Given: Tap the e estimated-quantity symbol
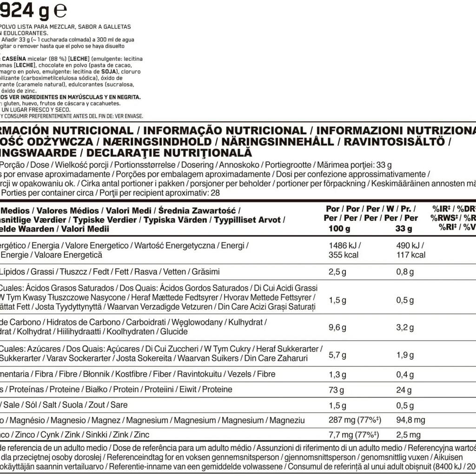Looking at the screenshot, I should pos(61,10).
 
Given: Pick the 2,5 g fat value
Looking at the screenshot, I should pos(337,271).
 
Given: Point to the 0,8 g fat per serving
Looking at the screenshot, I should pos(405,271).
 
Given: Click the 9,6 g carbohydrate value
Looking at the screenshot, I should pos(337,327).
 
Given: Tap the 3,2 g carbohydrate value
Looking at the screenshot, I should pos(405,327).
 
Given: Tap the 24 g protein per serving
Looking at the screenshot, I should pos(403,390).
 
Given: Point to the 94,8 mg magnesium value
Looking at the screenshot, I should pos(410,420).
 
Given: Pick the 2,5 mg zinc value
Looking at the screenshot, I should pos(409,435).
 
